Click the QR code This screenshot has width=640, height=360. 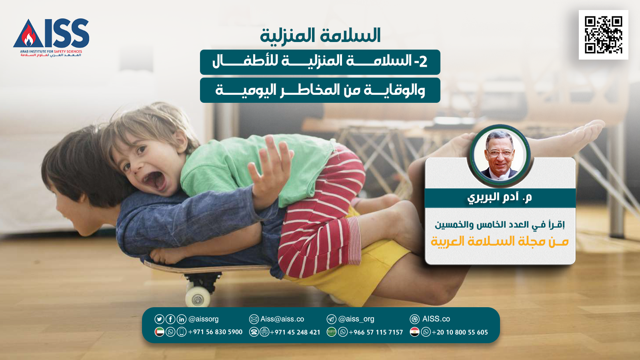point(604,35)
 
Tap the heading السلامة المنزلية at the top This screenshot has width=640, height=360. point(320,36)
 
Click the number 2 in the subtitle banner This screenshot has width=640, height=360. point(423,62)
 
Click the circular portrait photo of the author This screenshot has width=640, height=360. point(500,156)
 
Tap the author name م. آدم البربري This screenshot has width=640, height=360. point(500,198)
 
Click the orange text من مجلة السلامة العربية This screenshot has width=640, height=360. point(500,242)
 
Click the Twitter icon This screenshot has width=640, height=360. point(159,319)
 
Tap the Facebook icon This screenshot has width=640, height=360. point(170,319)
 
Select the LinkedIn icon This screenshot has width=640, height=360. point(182,319)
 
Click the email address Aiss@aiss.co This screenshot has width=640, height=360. point(282,319)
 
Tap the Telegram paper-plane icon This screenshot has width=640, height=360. point(332,319)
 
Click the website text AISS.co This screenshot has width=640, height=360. point(436,319)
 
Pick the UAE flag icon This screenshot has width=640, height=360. point(159,332)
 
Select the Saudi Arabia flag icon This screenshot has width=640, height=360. point(332,332)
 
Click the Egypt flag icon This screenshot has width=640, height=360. point(414,332)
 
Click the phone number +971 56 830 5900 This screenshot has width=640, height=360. point(215,332)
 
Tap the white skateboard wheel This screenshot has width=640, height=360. point(198,297)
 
